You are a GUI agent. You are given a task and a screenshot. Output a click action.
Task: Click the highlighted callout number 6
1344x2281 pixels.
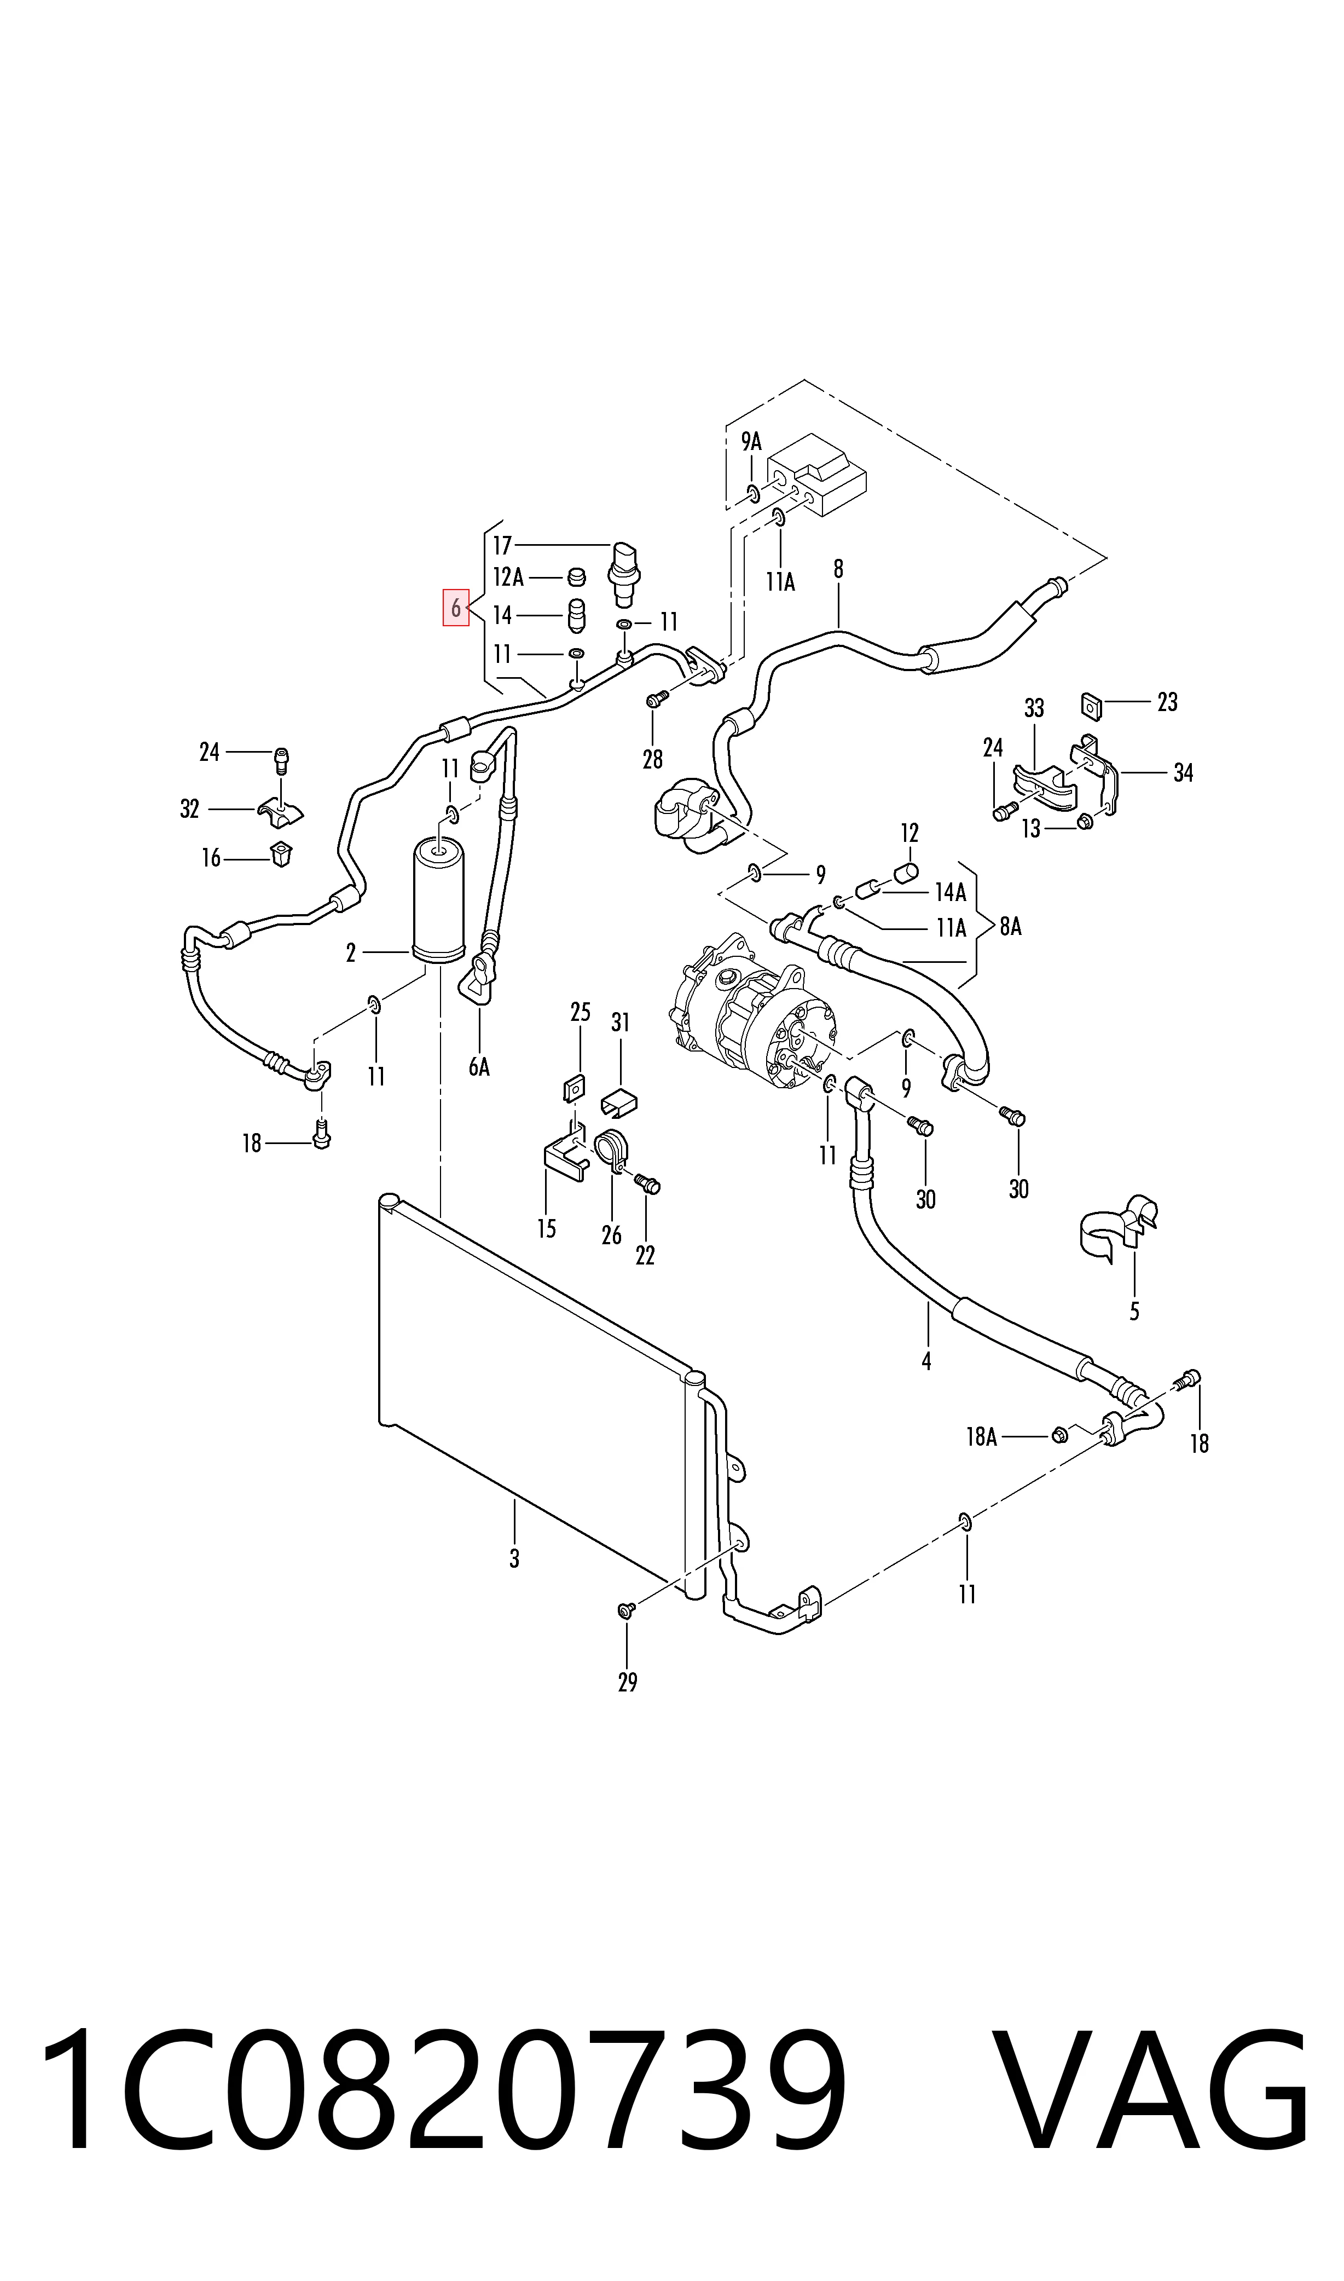coord(455,608)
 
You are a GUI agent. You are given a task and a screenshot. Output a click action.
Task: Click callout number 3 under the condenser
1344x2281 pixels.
coord(514,1559)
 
